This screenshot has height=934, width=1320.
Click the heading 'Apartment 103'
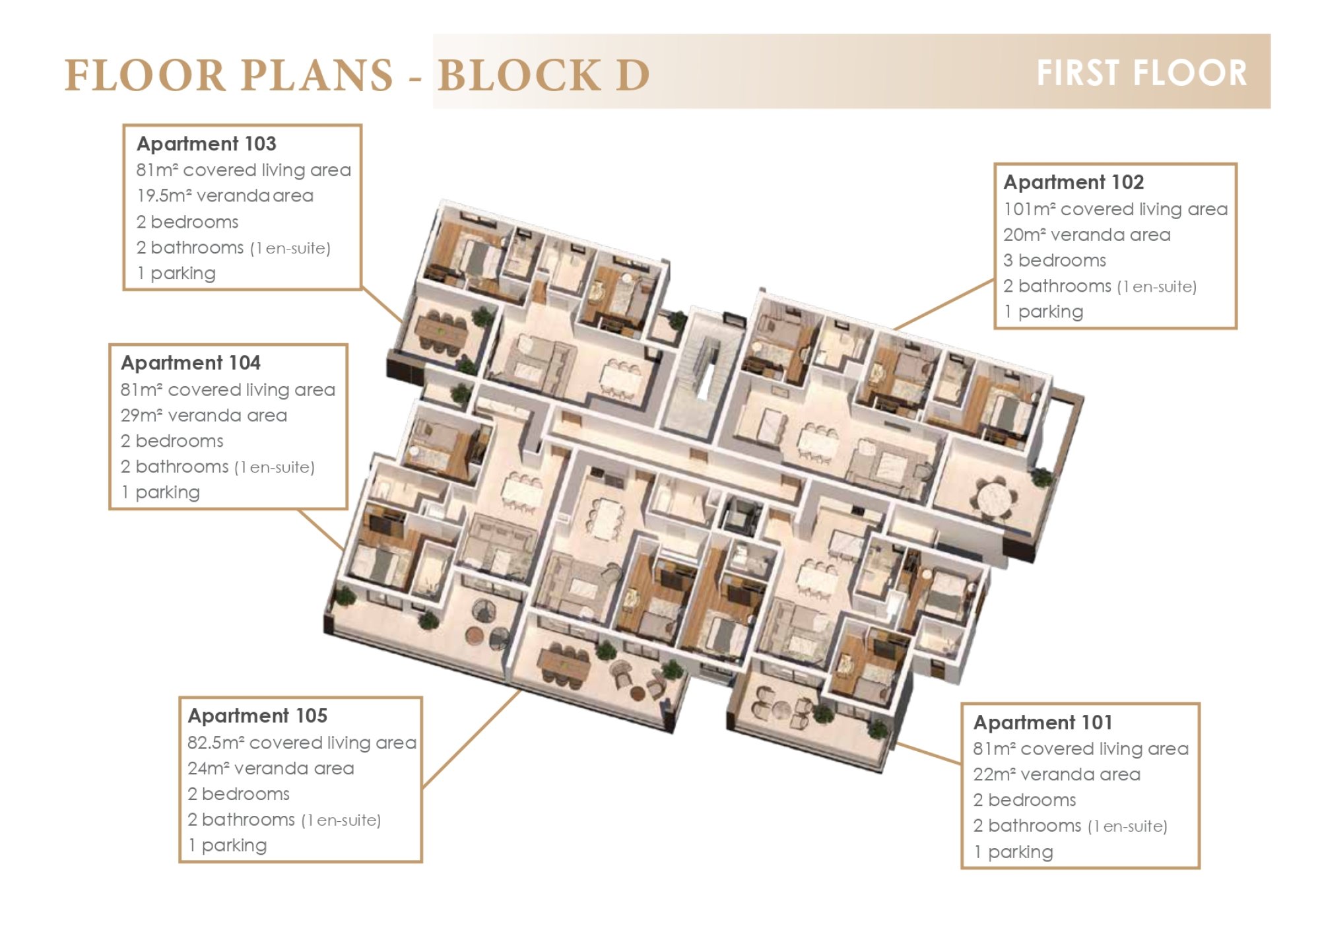[x=206, y=144]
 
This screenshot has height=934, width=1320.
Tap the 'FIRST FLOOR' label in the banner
[x=1142, y=73]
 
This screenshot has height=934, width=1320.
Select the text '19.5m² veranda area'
[x=225, y=196]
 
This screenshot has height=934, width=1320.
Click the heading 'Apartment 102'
[x=1074, y=182]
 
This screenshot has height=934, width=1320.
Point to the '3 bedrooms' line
[x=1055, y=260]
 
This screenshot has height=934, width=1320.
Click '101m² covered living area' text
[x=1115, y=209]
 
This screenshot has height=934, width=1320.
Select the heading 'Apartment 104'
[x=190, y=363]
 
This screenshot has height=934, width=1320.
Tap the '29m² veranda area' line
[x=204, y=415]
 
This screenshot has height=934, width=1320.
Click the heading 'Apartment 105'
[x=257, y=716]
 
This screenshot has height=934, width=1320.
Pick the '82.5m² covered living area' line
[x=302, y=743]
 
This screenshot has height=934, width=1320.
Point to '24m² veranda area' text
[x=271, y=768]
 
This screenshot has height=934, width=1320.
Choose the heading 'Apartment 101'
[x=1043, y=722]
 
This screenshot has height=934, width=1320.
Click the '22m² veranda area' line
[x=1057, y=774]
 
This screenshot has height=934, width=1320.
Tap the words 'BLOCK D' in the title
[x=544, y=75]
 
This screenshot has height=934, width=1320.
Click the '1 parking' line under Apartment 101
[x=1013, y=852]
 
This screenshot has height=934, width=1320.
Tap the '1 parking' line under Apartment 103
[x=176, y=273]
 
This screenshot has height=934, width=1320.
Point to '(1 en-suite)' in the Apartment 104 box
[x=275, y=467]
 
